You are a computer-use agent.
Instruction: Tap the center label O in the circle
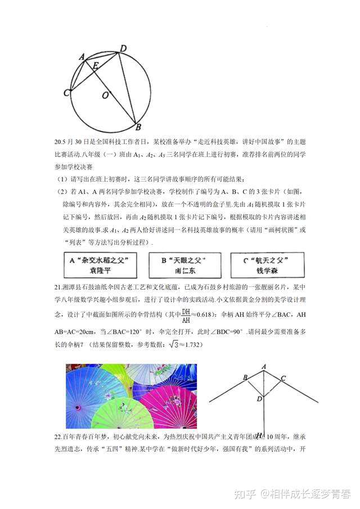[105, 96]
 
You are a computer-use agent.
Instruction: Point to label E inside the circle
[96, 66]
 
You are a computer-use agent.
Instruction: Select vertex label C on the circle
[66, 92]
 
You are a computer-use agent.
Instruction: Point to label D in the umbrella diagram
[259, 399]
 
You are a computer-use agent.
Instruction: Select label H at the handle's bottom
[259, 434]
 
